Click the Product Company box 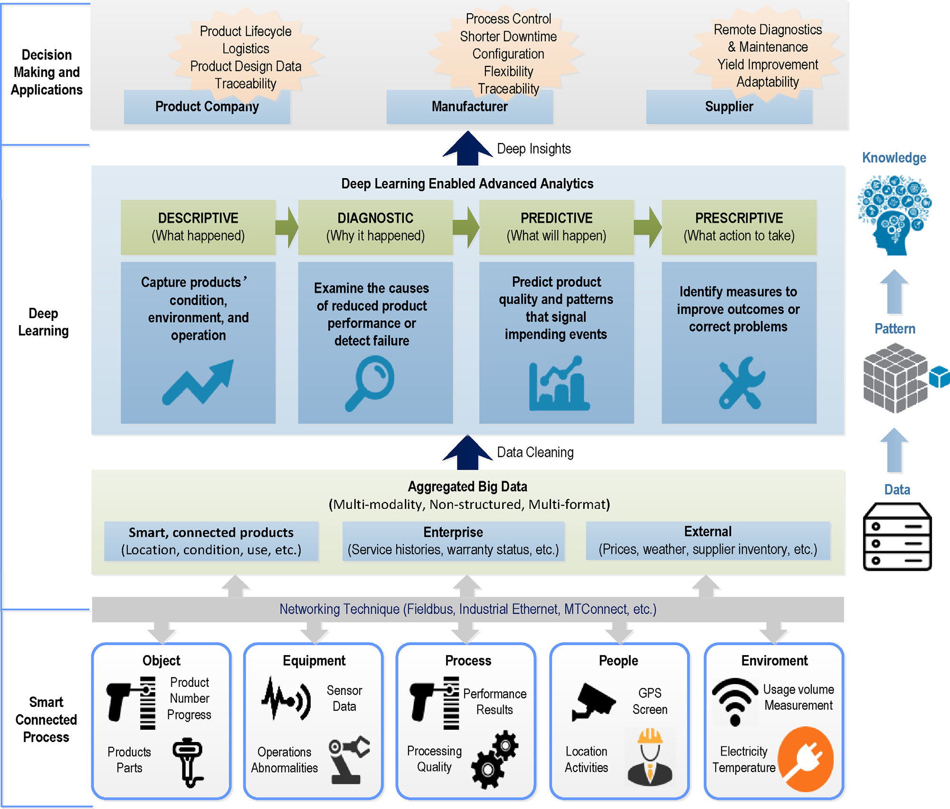(207, 107)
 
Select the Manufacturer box (469, 107)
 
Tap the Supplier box (729, 107)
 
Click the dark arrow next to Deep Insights (467, 149)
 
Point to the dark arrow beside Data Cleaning (467, 452)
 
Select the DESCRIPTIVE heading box (198, 227)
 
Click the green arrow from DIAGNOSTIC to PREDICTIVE (466, 227)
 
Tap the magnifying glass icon (370, 383)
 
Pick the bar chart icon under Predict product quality (559, 384)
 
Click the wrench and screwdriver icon (741, 383)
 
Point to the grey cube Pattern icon (895, 378)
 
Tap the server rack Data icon (897, 536)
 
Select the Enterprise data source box (453, 541)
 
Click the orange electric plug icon (806, 759)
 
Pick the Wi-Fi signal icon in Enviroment (735, 701)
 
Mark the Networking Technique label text (467, 609)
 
